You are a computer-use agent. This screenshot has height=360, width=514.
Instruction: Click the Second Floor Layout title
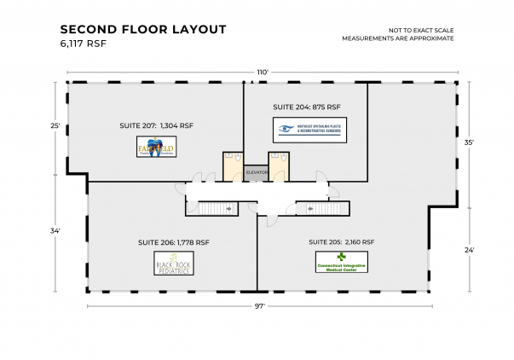coord(143,29)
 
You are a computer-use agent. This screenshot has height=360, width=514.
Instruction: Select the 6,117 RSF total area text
coord(83,43)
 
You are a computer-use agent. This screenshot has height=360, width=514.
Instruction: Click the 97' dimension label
coord(257,305)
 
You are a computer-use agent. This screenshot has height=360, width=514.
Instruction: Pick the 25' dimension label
coord(55,125)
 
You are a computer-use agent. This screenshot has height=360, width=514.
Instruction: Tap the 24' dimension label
coord(468,250)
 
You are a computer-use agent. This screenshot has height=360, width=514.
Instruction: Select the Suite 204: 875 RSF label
coord(306,107)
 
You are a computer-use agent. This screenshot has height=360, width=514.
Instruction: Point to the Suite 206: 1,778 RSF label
coord(173,242)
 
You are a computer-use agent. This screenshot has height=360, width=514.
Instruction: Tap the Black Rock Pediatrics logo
coord(173,265)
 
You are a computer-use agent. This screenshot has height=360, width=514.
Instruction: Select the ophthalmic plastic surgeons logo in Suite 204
coord(309,131)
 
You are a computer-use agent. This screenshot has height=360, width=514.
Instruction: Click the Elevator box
coord(257,172)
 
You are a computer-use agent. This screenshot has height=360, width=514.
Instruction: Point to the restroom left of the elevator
coord(232,166)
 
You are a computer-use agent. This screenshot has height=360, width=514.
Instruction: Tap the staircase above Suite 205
coord(322,207)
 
